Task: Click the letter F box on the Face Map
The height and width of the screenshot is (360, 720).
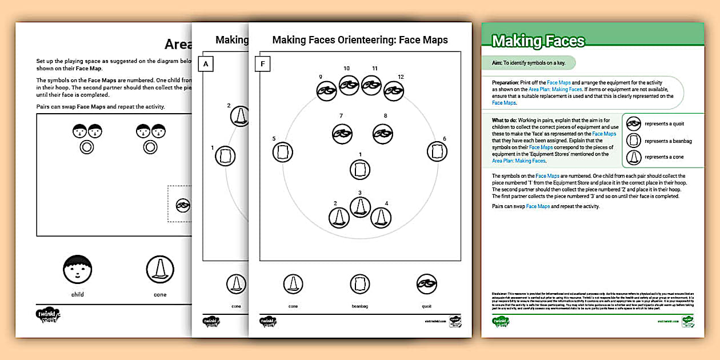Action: pyautogui.click(x=262, y=64)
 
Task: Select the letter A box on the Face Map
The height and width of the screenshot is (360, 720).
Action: pyautogui.click(x=205, y=64)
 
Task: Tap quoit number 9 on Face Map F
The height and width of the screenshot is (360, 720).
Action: pyautogui.click(x=326, y=90)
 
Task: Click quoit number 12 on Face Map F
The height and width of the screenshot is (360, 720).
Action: pyautogui.click(x=393, y=90)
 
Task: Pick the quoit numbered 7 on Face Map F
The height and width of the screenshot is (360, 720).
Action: pyautogui.click(x=342, y=133)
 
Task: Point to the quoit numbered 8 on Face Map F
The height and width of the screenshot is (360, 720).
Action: pyautogui.click(x=382, y=133)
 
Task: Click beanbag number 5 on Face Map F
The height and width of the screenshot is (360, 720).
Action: pyautogui.click(x=282, y=151)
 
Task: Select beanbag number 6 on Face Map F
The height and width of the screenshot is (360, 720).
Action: pyautogui.click(x=437, y=151)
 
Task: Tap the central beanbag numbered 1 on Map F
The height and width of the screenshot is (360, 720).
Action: pyautogui.click(x=360, y=170)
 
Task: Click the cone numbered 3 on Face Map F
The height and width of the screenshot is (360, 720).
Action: pyautogui.click(x=360, y=206)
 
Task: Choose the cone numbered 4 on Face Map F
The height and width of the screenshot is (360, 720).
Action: pyautogui.click(x=381, y=217)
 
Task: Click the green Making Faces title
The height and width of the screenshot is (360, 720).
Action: pyautogui.click(x=538, y=41)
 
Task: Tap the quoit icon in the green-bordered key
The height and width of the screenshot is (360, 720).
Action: pyautogui.click(x=633, y=124)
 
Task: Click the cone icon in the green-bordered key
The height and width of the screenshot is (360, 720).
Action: pyautogui.click(x=633, y=157)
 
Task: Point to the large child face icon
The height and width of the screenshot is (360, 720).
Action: pyautogui.click(x=77, y=270)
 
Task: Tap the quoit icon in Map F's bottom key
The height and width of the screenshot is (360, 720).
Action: pyautogui.click(x=426, y=283)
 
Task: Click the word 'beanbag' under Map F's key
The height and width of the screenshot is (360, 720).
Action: pyautogui.click(x=359, y=307)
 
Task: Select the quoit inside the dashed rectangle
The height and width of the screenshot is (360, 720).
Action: pyautogui.click(x=183, y=204)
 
